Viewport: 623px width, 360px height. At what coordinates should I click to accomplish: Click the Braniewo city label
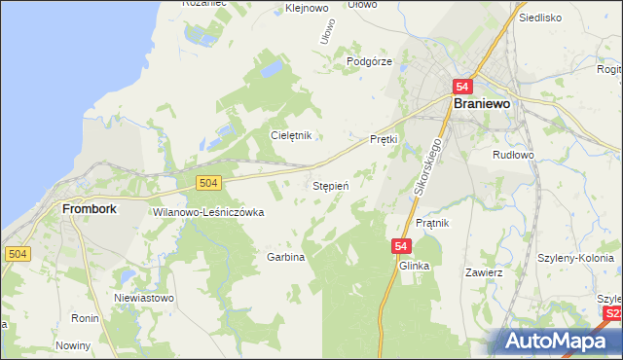[486, 102]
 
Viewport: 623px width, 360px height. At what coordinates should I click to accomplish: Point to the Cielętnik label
[291, 135]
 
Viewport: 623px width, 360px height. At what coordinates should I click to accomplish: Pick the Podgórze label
[369, 61]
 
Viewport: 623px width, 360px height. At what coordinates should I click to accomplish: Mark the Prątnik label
[431, 223]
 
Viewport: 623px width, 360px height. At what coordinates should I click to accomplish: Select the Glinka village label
[414, 265]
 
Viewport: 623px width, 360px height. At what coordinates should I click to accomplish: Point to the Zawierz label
[483, 272]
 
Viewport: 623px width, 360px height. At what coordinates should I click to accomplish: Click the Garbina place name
[286, 257]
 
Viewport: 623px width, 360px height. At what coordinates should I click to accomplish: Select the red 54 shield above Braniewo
[462, 87]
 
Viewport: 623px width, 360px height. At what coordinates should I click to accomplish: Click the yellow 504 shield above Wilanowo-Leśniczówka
[208, 183]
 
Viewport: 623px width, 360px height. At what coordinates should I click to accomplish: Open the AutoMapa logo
[562, 341]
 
